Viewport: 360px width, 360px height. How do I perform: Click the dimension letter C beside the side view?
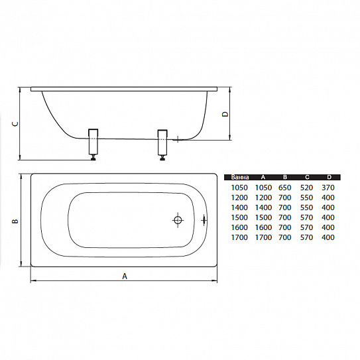15,124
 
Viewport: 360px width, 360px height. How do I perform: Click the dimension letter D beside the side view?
225,114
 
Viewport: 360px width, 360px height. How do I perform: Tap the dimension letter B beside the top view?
15,221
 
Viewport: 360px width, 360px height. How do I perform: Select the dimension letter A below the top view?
125,276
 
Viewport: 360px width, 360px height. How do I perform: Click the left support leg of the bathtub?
93,145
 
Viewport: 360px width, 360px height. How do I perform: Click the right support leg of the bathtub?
162,145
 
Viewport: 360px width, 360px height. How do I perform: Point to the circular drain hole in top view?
178,220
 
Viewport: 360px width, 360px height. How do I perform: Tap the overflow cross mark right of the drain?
204,220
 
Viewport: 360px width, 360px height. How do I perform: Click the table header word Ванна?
240,177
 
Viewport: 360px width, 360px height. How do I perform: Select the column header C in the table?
307,177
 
